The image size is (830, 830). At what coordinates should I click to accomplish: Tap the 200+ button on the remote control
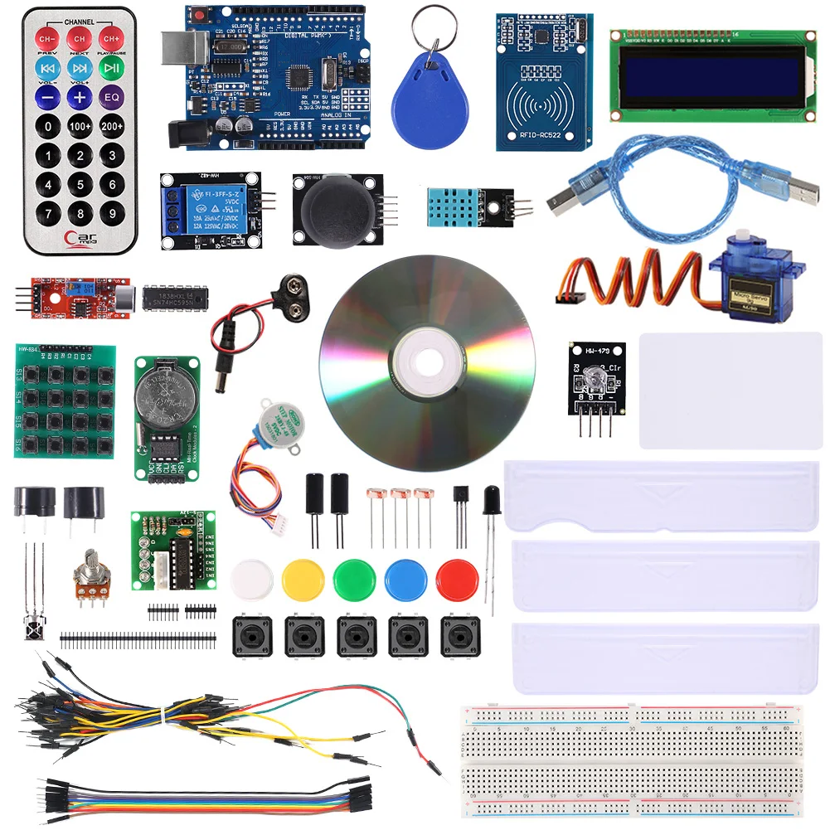(112, 126)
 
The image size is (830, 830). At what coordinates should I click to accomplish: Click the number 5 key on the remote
(80, 184)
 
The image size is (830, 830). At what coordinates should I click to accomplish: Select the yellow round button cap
(302, 579)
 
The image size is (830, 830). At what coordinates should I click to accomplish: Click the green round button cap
(354, 579)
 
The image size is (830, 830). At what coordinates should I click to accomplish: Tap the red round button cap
(457, 579)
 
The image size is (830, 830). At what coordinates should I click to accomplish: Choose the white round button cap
(251, 579)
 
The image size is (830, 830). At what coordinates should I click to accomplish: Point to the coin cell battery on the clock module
(165, 396)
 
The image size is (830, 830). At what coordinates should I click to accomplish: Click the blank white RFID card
(730, 390)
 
